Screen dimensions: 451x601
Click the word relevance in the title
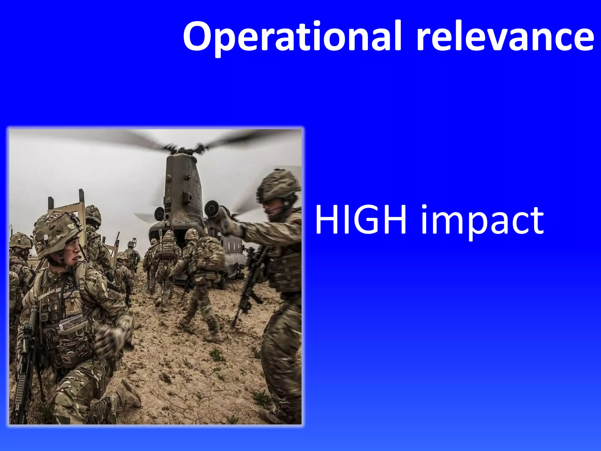point(505,37)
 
